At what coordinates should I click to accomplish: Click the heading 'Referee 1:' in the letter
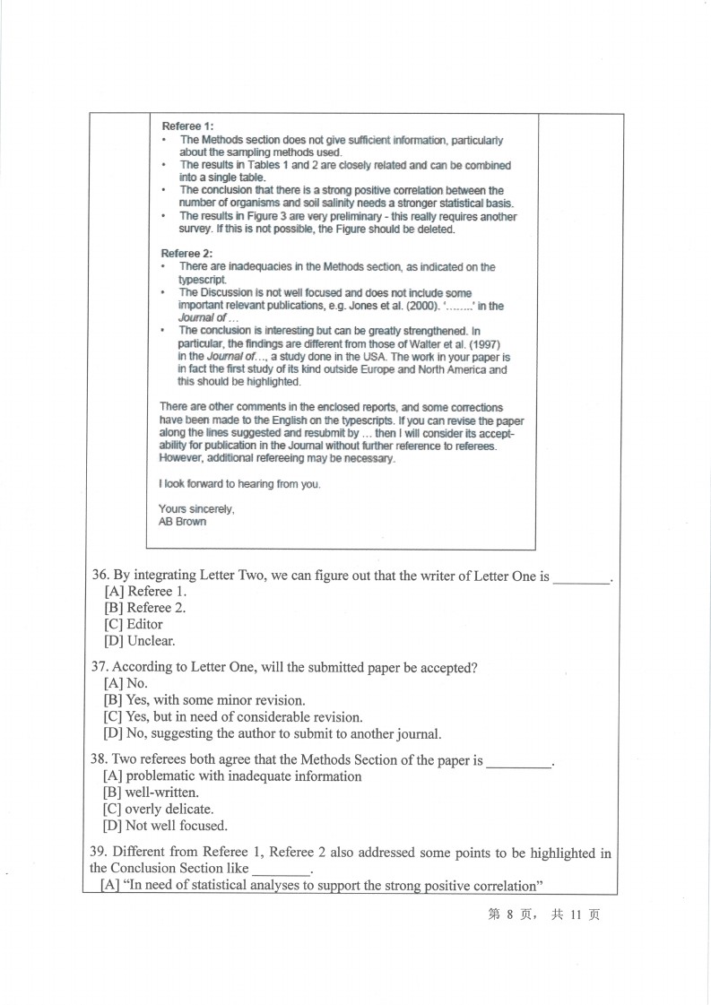click(187, 126)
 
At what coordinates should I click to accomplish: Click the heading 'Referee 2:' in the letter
click(187, 254)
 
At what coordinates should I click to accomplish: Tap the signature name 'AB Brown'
click(182, 522)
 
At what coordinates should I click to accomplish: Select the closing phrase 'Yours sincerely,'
click(196, 509)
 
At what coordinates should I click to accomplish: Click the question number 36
click(100, 576)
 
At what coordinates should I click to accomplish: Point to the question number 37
click(100, 668)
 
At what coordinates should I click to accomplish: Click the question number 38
click(100, 760)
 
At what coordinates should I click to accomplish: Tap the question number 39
click(100, 853)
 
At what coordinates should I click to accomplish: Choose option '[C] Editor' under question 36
click(134, 624)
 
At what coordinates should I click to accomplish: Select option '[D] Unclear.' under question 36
click(140, 640)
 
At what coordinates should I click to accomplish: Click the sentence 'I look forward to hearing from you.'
click(239, 484)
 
